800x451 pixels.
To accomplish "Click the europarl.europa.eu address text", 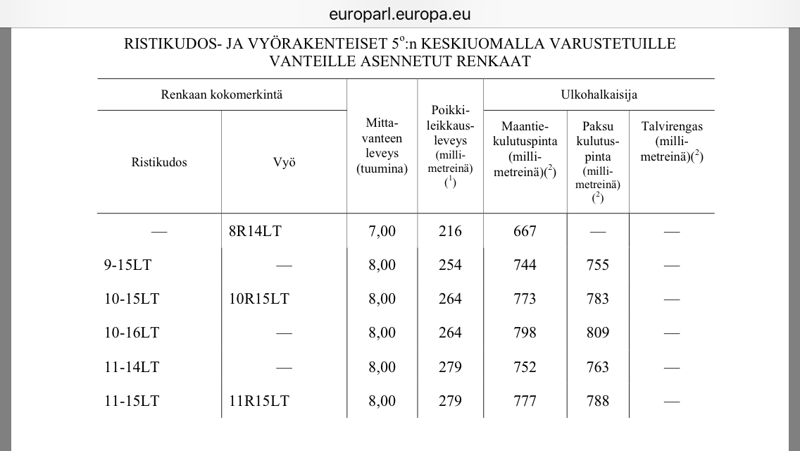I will [x=399, y=14].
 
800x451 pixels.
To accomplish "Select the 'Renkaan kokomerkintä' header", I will [x=222, y=94].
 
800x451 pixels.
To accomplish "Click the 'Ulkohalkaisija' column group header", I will [x=599, y=94].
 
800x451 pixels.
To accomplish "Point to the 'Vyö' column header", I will [x=284, y=162].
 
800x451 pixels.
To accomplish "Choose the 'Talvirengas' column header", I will [x=672, y=127].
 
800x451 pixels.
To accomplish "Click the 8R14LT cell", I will [x=255, y=231].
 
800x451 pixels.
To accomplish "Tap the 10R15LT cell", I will [x=259, y=299].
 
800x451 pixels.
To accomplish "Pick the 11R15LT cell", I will [x=259, y=401].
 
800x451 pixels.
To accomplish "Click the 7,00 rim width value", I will [x=382, y=231].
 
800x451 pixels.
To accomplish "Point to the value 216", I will [x=450, y=231].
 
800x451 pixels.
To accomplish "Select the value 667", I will [x=525, y=231].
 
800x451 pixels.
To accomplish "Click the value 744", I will [x=525, y=265].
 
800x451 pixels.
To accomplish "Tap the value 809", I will [x=597, y=333].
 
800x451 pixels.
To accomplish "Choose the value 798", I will [x=525, y=333].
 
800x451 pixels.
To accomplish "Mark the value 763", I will [x=597, y=366].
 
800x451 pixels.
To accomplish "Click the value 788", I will [x=597, y=401].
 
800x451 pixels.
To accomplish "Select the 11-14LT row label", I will [x=131, y=366].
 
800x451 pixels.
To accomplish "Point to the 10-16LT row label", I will [x=131, y=333].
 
